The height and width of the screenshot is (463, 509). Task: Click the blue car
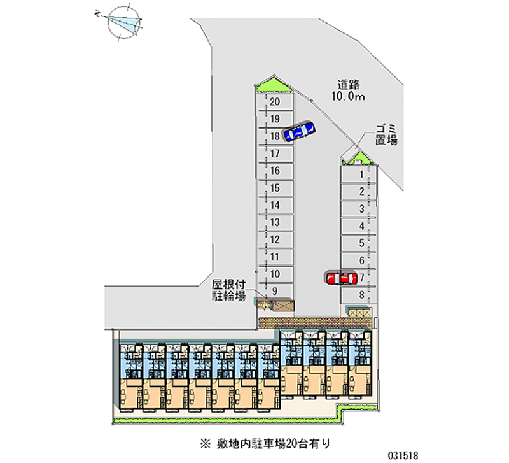[x=298, y=131]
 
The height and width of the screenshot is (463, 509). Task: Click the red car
[x=341, y=278]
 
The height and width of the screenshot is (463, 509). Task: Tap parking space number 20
[x=275, y=101]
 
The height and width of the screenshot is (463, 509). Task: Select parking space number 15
[x=275, y=188]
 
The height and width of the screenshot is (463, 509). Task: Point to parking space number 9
[x=275, y=291]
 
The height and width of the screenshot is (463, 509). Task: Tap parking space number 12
[x=275, y=239]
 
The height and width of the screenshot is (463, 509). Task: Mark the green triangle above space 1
[x=357, y=157]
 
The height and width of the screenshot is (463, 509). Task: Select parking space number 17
[x=275, y=153]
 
